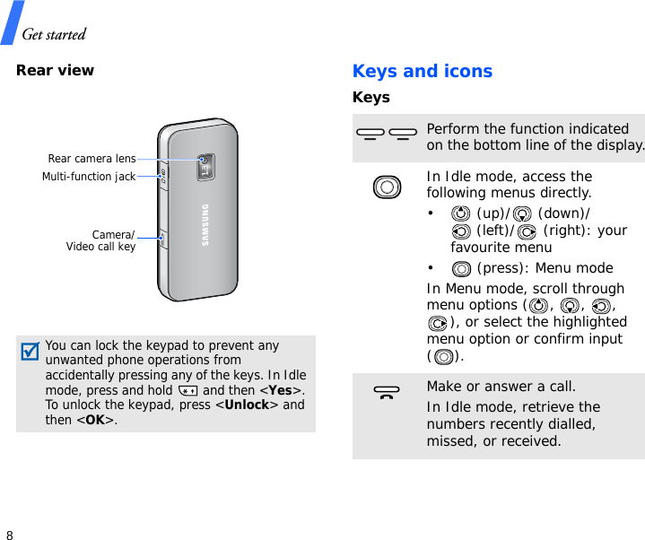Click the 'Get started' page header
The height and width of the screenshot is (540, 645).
[54, 35]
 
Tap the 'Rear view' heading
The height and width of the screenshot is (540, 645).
[55, 70]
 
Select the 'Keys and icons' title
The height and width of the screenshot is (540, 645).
[422, 71]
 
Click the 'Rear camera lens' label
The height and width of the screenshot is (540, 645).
[92, 159]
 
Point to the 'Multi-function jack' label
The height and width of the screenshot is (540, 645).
[89, 177]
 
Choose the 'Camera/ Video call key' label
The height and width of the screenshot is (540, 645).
[100, 240]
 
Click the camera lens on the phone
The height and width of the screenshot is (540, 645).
[205, 162]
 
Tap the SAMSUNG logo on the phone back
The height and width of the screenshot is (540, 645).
[205, 225]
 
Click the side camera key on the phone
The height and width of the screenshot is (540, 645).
[163, 240]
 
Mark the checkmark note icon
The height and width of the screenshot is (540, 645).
[31, 351]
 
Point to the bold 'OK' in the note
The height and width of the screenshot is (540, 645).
[93, 420]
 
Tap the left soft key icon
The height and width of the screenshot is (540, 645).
[369, 135]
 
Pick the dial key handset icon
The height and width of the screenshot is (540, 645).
[387, 393]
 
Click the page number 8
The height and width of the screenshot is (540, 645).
[10, 535]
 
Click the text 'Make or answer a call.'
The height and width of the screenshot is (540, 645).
[501, 387]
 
